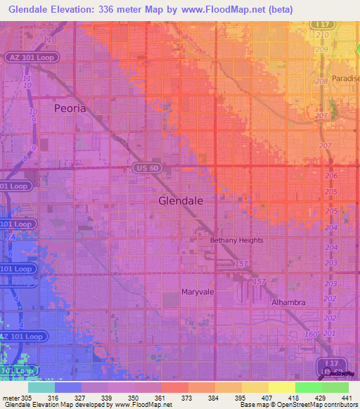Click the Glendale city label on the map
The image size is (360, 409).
click(181, 200)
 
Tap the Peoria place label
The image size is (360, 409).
click(70, 109)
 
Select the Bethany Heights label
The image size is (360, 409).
click(236, 240)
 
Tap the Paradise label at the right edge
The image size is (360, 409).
click(345, 79)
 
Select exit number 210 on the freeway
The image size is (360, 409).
click(323, 34)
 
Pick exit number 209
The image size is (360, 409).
click(323, 49)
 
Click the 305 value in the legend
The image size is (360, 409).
click(17, 398)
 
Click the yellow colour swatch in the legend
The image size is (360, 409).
click(281, 387)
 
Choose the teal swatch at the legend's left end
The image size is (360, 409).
click(41, 387)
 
